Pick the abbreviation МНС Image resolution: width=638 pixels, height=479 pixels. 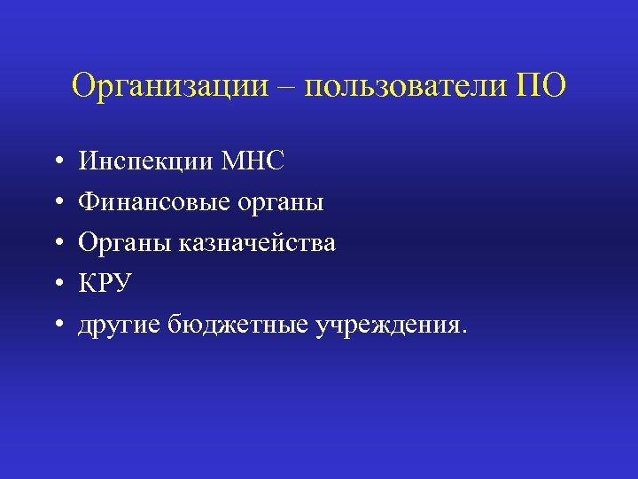[x=253, y=161]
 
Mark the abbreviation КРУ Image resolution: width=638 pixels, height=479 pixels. [x=105, y=284]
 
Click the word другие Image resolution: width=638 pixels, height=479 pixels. [x=120, y=326]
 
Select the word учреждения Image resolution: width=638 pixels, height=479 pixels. [x=384, y=326]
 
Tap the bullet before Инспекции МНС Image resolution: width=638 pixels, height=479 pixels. [x=56, y=161]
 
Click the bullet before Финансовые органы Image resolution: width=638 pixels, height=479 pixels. [x=56, y=203]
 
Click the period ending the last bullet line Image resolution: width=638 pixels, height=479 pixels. [x=459, y=332]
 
